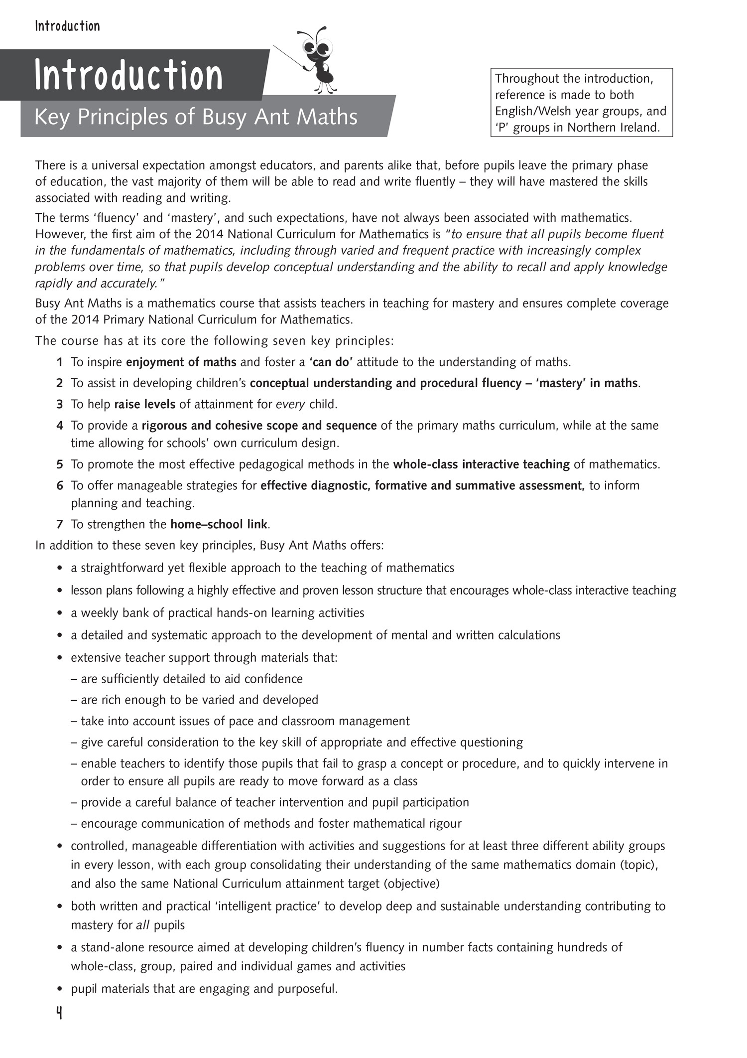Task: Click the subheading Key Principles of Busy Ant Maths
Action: [195, 117]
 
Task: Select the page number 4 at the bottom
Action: [59, 1014]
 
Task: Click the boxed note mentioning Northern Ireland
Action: [581, 103]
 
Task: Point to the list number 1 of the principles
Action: [60, 362]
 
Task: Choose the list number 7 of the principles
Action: [60, 524]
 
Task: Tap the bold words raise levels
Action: [144, 404]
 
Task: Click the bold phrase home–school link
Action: [219, 524]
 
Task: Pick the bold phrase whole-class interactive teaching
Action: [481, 464]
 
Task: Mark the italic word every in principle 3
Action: [290, 404]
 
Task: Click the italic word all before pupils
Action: [143, 925]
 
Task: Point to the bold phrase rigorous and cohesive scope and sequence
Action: [259, 426]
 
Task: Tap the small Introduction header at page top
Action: [67, 26]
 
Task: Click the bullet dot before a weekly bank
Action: [60, 613]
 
